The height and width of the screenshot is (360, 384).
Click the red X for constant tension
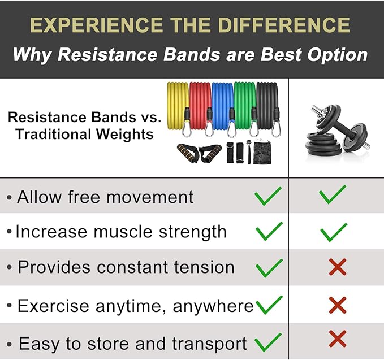point(338,267)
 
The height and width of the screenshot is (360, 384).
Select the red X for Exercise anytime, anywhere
point(338,305)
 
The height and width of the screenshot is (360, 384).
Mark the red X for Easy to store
point(338,339)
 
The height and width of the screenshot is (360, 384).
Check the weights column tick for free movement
point(333,195)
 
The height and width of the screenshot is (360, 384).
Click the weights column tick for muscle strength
point(334,232)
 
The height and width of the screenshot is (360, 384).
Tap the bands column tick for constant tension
point(269,268)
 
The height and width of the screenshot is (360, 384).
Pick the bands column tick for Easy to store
point(268,342)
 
